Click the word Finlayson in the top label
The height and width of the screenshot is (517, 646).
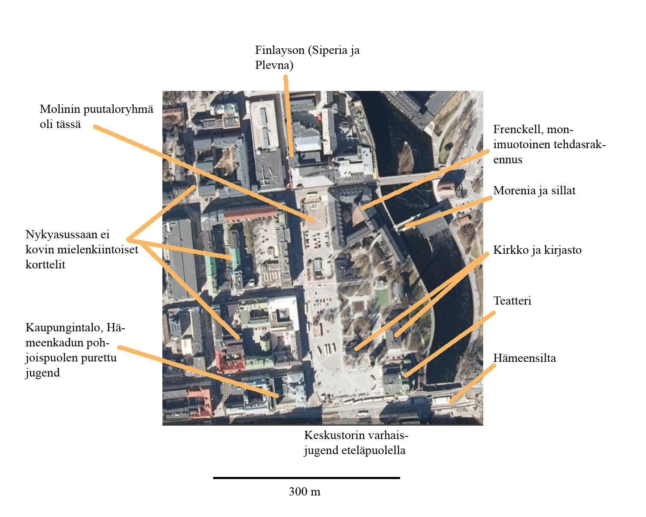[x=280, y=50]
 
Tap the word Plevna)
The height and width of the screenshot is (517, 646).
[x=274, y=65]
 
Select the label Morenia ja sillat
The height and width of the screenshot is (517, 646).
[x=534, y=191]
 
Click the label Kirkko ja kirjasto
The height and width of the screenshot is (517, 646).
[x=537, y=250]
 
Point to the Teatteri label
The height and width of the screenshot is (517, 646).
[x=512, y=301]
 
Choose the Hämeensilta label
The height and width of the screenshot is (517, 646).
[x=525, y=358]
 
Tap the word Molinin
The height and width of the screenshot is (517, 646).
[x=60, y=109]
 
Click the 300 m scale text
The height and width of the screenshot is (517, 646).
[x=304, y=492]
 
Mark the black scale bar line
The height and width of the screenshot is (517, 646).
[x=307, y=478]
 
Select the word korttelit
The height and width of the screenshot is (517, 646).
[x=45, y=265]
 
